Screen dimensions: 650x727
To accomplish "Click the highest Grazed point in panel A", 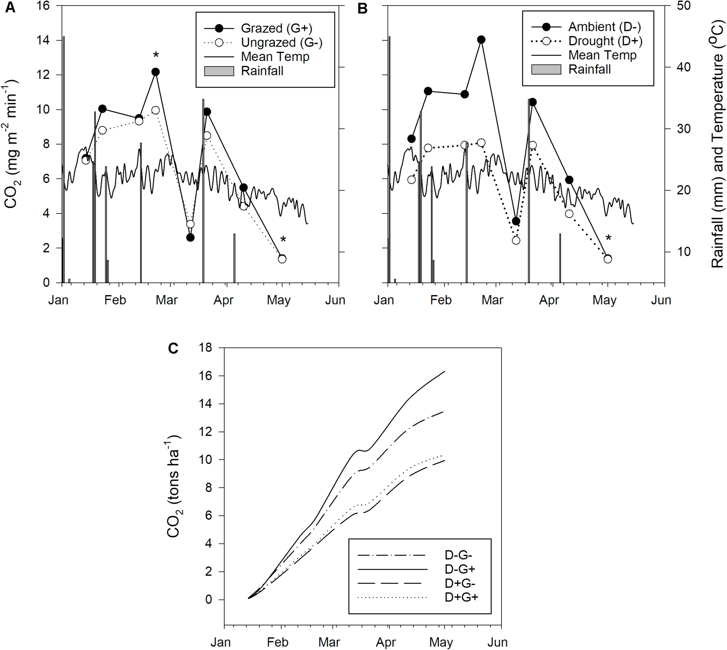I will (x=155, y=72).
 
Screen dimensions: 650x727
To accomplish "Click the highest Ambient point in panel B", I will (x=481, y=40).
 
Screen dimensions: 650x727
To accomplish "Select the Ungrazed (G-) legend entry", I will (x=281, y=42).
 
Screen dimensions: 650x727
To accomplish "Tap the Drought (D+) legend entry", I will (x=605, y=41).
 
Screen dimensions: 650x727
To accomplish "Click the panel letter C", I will (x=173, y=348).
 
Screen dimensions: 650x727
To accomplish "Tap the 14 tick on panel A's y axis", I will (x=42, y=40).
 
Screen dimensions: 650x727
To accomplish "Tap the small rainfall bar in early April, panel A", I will (x=234, y=258).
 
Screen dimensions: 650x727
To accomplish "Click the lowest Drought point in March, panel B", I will (x=516, y=240).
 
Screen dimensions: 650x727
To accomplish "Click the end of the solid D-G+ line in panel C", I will (x=444, y=371).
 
